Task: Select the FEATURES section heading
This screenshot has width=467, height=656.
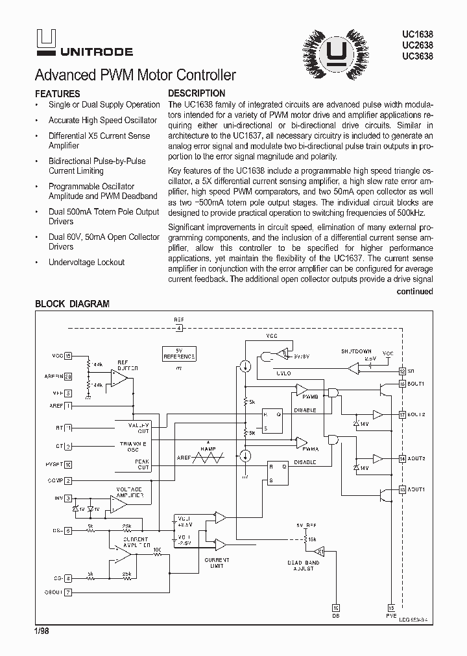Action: click(57, 93)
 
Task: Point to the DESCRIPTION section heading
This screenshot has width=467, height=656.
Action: click(197, 93)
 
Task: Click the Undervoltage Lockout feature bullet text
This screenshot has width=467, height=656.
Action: click(86, 263)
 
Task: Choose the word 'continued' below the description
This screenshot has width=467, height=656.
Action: click(414, 292)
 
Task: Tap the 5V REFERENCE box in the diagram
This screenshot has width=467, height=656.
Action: click(178, 353)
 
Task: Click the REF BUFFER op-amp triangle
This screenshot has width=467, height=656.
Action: click(119, 378)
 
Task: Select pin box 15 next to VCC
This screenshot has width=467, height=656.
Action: click(68, 355)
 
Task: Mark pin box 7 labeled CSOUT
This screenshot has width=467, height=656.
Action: click(68, 591)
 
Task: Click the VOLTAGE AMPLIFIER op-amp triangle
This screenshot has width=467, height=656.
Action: click(119, 502)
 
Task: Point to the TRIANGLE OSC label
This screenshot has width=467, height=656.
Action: click(134, 447)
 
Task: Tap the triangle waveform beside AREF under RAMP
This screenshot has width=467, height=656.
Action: click(210, 457)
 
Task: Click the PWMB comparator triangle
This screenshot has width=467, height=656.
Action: click(302, 390)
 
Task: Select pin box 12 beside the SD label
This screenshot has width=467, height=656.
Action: click(402, 371)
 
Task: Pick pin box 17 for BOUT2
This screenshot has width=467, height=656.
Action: click(402, 414)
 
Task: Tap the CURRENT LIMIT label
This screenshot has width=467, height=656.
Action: click(217, 563)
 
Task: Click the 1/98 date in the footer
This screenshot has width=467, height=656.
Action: click(42, 629)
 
